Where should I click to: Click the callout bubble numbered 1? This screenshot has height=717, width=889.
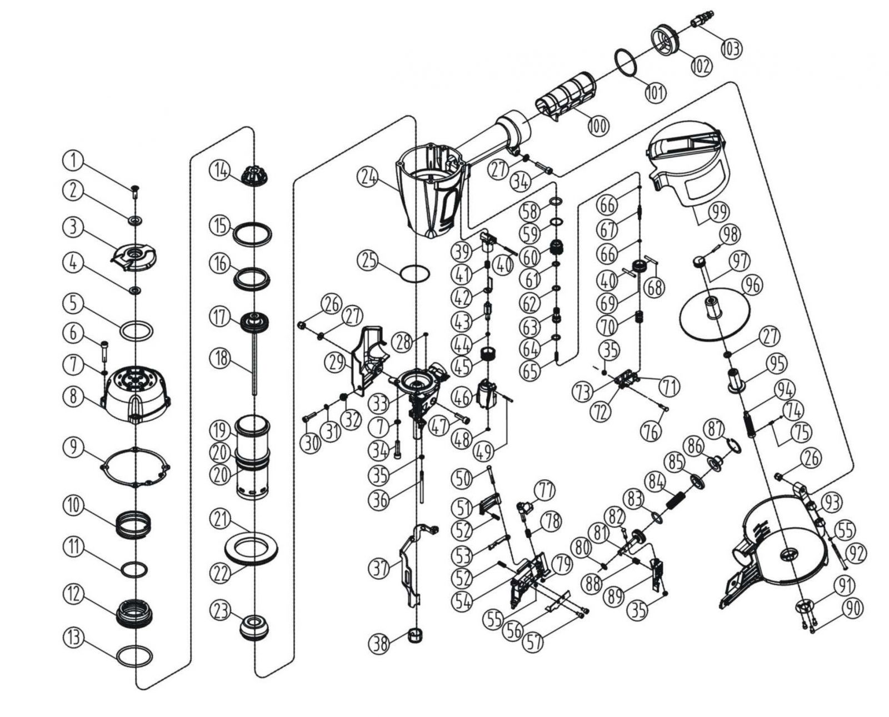[73, 161]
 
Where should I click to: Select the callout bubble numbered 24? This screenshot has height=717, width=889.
[368, 178]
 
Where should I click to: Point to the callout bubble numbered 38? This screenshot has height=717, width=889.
[381, 643]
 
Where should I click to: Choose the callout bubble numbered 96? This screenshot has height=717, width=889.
[753, 286]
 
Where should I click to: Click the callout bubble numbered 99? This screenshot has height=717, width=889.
[719, 213]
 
